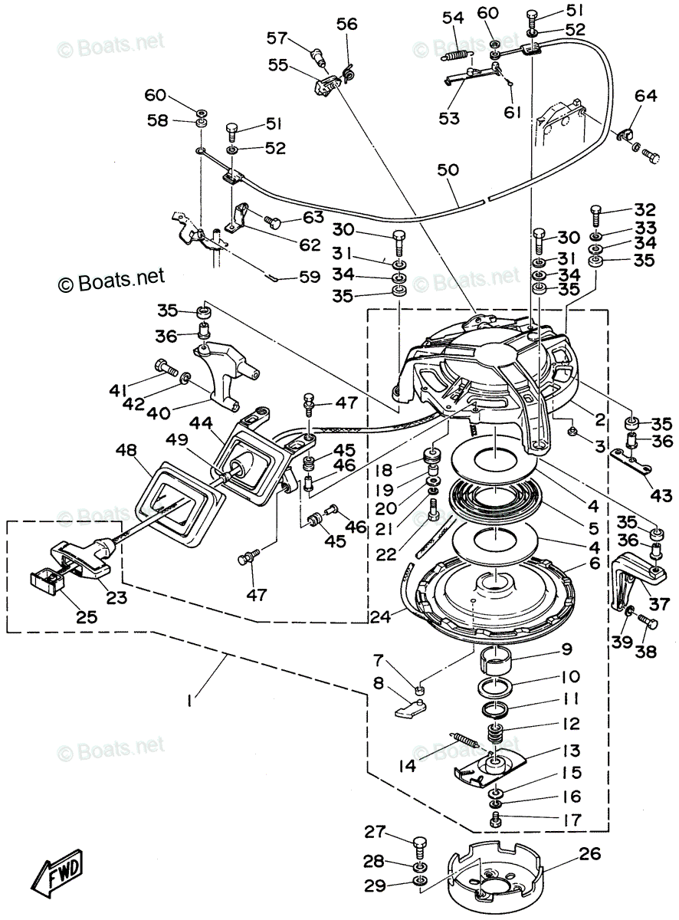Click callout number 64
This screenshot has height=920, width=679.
[x=645, y=97]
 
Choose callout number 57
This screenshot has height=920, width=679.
[x=277, y=37]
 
